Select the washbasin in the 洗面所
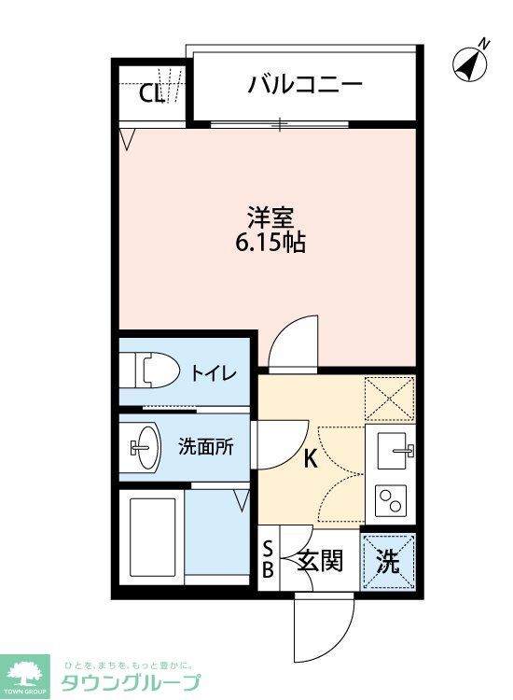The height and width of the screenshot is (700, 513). (x=145, y=447)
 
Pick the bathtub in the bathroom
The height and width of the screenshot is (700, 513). (x=151, y=539)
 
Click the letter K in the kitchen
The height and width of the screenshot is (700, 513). (x=309, y=457)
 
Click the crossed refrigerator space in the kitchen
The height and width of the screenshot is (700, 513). (x=389, y=398)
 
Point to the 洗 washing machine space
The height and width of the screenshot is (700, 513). (x=388, y=561)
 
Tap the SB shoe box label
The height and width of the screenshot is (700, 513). (x=268, y=561)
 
